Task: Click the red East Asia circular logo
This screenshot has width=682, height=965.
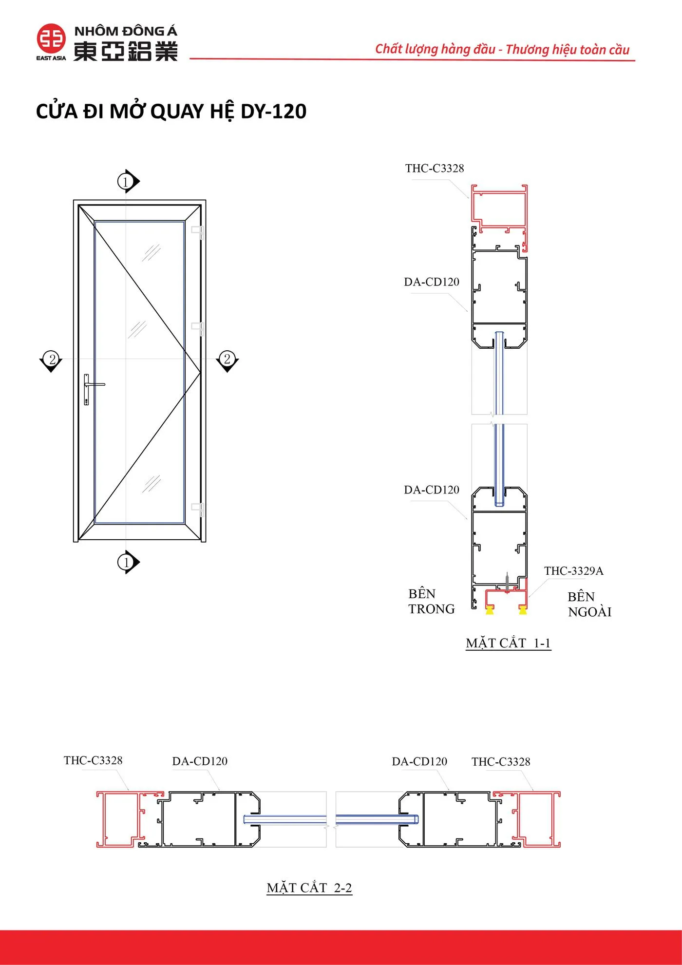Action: coord(51,38)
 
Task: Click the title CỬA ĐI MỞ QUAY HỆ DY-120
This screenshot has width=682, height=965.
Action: coord(171,112)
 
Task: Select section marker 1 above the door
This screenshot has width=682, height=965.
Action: coord(127,182)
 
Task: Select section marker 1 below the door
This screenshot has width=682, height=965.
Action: coord(127,562)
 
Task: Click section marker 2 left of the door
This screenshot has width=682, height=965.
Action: coord(51,360)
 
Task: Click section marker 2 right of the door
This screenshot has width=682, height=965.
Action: coord(227,360)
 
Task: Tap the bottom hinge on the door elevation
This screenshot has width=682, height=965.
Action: coord(198,509)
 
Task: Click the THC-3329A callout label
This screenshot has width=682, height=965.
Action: coord(573,571)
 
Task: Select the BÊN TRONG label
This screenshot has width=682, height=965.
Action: coord(431,602)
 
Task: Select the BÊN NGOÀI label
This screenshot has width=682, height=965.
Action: coord(589,605)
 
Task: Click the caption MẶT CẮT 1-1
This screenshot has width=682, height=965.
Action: coord(508,643)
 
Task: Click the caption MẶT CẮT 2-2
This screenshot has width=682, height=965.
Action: coord(309,888)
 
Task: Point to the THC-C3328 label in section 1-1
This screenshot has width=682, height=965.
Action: coord(435,169)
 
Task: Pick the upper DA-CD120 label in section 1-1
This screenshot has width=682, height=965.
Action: coord(432,282)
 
